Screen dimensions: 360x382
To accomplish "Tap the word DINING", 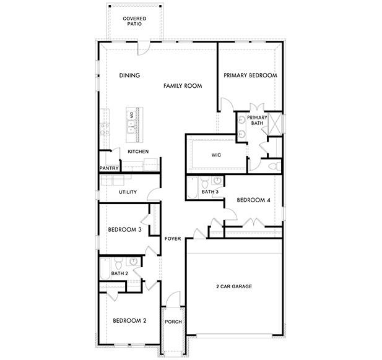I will (130, 75).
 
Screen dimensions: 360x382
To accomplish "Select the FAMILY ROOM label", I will (183, 86).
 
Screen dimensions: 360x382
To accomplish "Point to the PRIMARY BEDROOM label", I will (250, 75).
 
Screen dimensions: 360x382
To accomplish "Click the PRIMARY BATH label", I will (257, 120).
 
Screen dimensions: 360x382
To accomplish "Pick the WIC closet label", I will (216, 155).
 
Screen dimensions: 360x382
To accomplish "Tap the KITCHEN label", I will (138, 152).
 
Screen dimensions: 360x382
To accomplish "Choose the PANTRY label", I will (109, 168).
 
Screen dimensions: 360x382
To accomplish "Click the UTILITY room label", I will (128, 192).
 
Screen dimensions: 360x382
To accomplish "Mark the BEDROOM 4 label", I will (253, 200).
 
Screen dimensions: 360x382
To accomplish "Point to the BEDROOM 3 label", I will (125, 229).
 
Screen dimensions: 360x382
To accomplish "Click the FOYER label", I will (172, 238).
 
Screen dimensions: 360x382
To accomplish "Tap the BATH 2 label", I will (119, 273).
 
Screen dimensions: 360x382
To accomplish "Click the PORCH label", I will (173, 322).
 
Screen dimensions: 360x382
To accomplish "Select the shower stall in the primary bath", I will (275, 122).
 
